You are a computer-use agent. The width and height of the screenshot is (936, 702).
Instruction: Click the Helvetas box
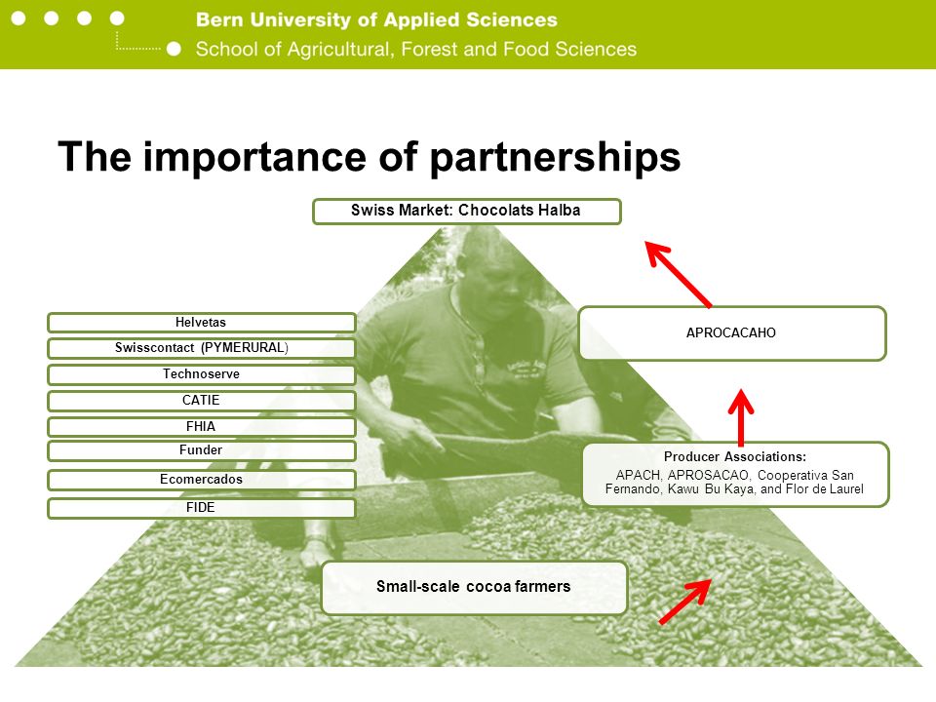(x=202, y=323)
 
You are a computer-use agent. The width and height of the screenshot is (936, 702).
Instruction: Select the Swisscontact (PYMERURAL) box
(x=202, y=348)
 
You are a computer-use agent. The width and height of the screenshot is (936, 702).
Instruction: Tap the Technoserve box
(x=202, y=374)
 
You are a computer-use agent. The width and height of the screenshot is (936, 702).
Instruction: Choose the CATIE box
(x=202, y=401)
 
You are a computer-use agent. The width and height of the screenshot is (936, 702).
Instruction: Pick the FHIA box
(x=202, y=427)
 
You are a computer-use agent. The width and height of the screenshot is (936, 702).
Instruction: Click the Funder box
(x=202, y=450)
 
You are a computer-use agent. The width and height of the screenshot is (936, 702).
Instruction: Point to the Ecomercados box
(x=202, y=480)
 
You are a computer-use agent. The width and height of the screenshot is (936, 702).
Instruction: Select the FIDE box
(x=202, y=508)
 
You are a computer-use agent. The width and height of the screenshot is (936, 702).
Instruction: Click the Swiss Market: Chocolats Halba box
(x=467, y=212)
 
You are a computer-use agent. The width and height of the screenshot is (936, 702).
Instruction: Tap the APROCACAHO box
(x=732, y=333)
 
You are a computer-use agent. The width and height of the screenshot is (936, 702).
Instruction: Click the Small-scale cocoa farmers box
(x=475, y=587)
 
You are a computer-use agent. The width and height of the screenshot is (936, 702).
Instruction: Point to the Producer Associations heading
(x=735, y=456)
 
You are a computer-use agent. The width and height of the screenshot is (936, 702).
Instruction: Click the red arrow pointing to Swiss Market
(x=679, y=274)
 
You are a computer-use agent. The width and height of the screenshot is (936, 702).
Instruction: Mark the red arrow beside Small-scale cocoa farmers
(x=685, y=602)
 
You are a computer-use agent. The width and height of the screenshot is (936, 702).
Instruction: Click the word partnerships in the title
(x=555, y=158)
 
